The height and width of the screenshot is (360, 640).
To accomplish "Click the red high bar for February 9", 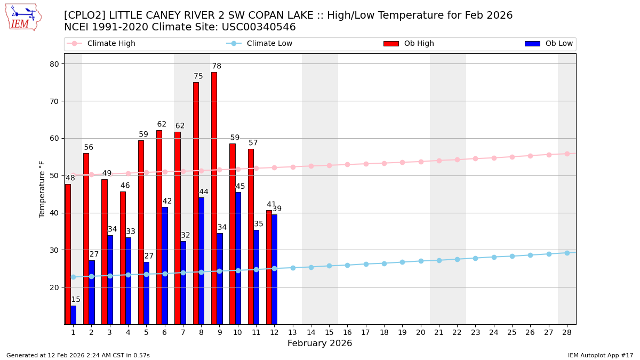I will [214, 198].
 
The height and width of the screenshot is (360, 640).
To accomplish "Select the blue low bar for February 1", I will [73, 315].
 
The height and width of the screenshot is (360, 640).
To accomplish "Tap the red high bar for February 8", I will [196, 203].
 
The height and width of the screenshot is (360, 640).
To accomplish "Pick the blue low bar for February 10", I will [238, 258].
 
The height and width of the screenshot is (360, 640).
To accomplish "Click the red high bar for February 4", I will [123, 258].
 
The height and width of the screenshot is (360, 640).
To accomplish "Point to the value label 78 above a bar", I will [217, 67].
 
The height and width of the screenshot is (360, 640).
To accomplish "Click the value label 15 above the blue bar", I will [76, 300].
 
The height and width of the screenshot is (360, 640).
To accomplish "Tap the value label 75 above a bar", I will [198, 77].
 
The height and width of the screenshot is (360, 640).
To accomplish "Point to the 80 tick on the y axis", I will [54, 64].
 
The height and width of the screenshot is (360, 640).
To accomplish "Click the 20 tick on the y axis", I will [54, 287].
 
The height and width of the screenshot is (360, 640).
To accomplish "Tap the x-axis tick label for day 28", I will [567, 332].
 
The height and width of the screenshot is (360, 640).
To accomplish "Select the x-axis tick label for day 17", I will [365, 332].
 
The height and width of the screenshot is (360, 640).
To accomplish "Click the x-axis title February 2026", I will [319, 343].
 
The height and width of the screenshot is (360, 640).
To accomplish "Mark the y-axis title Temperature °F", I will [42, 189].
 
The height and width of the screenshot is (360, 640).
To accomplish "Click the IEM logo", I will [23, 17].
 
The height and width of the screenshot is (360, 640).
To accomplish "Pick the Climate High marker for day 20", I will [421, 162].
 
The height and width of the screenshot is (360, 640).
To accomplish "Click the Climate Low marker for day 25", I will [512, 256].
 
